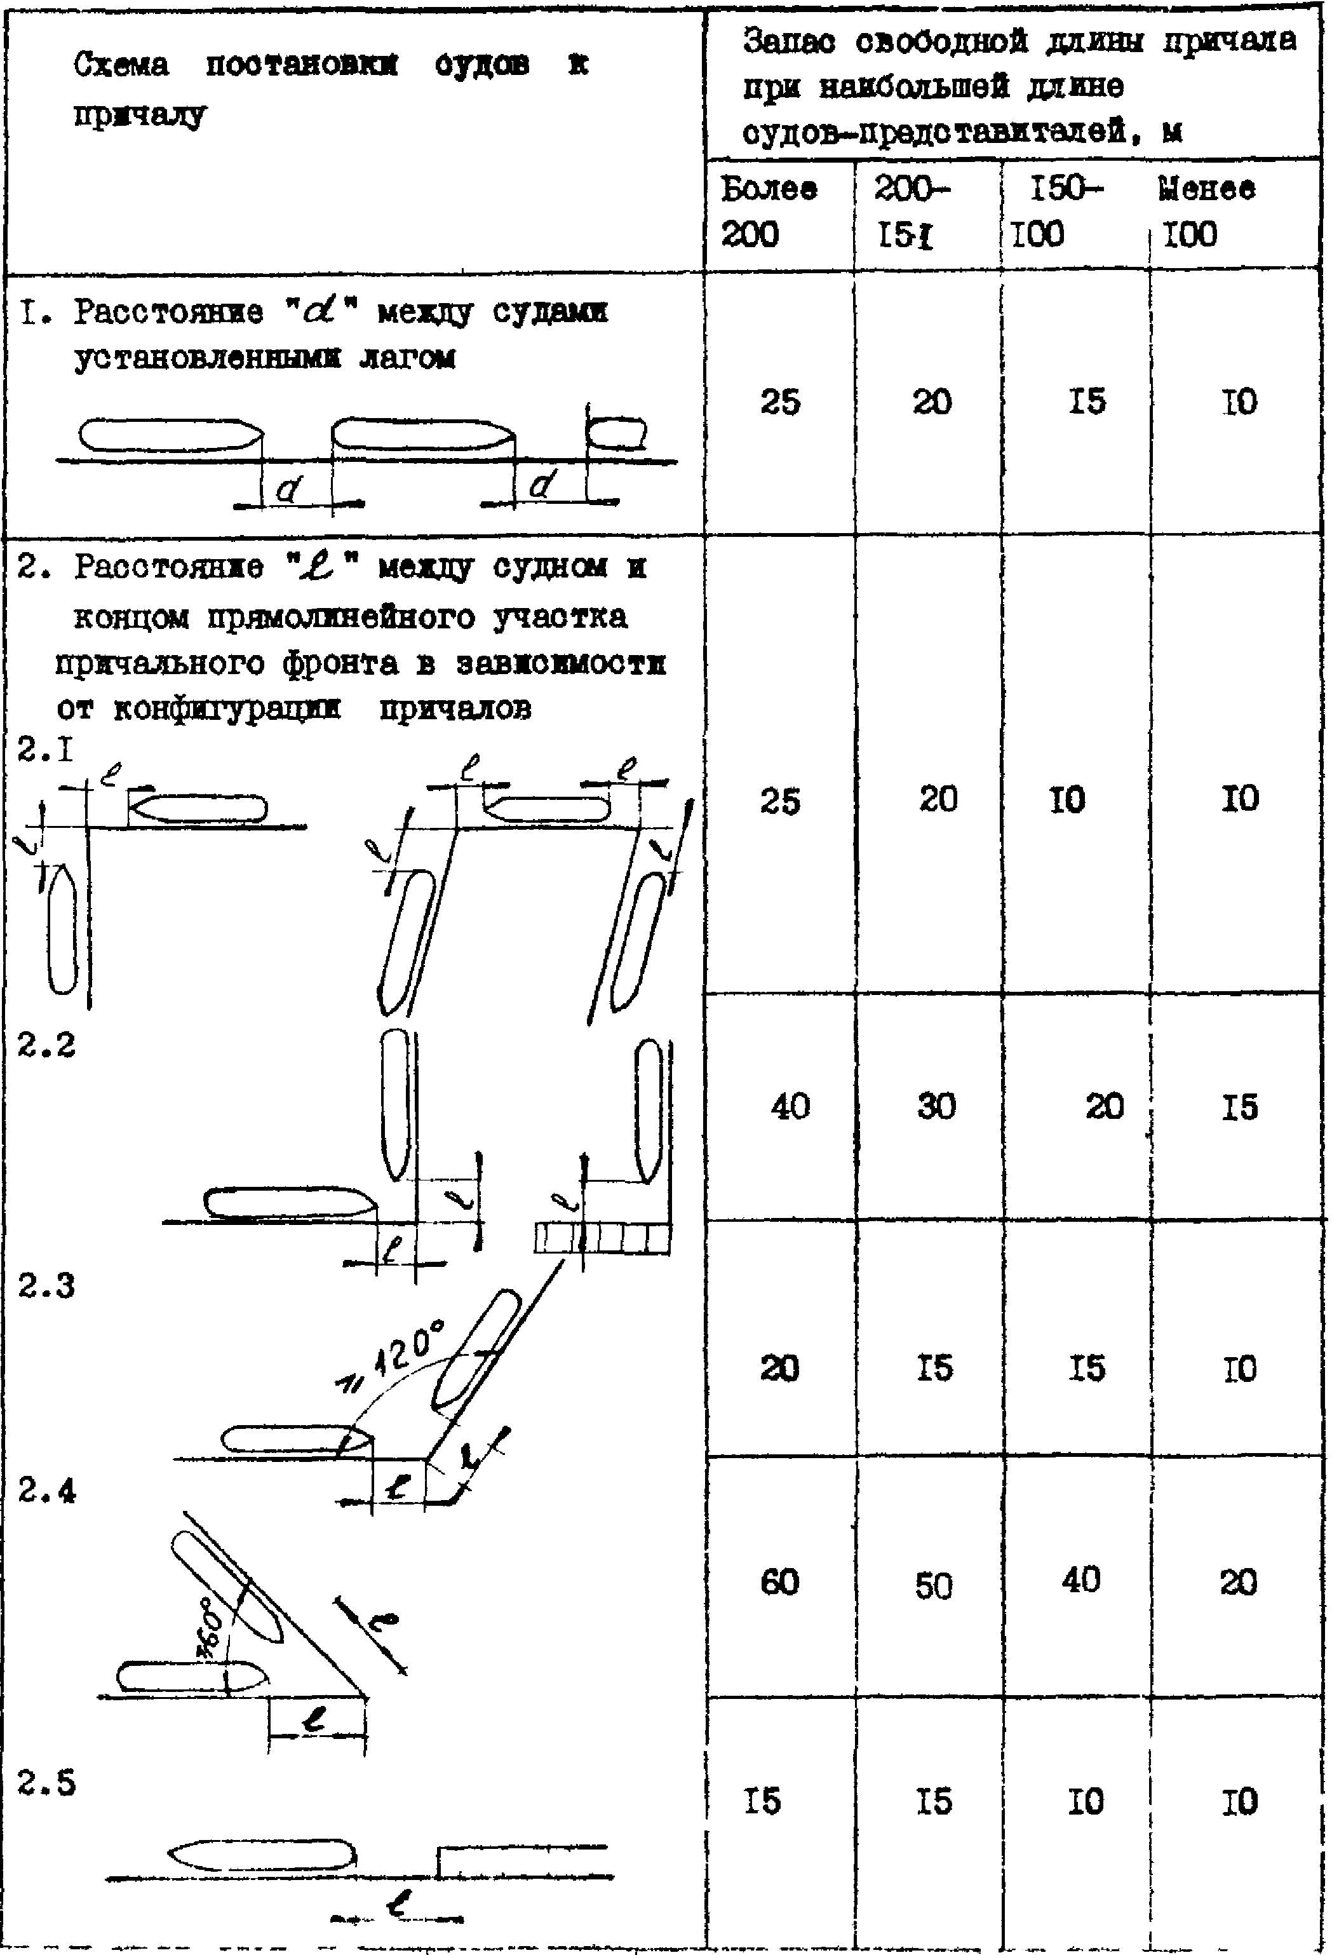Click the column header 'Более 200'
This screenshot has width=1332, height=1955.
click(768, 211)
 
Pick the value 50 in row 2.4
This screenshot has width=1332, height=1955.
click(933, 1586)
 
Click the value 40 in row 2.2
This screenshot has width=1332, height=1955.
click(790, 1106)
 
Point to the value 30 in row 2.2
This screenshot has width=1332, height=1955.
click(936, 1106)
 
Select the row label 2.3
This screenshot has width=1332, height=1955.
click(46, 1286)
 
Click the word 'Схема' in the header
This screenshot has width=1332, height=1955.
click(121, 65)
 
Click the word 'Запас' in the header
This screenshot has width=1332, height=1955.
click(788, 41)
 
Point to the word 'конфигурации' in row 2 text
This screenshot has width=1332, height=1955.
click(226, 709)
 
